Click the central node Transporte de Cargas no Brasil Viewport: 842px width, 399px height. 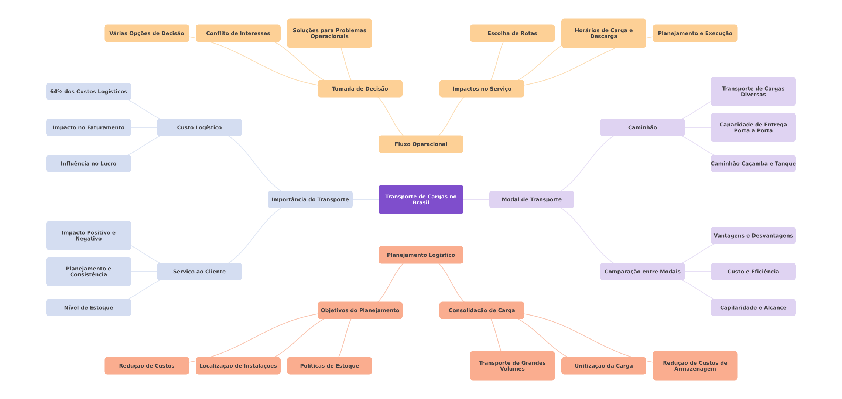(421, 199)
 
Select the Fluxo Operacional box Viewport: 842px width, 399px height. (421, 144)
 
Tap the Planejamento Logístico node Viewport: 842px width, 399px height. (421, 255)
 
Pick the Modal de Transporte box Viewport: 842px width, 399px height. (532, 199)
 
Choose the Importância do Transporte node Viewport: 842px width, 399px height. (310, 199)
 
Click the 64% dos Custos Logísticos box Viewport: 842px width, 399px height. (89, 92)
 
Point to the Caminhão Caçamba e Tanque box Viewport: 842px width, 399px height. (753, 164)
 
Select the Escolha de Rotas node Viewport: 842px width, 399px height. (512, 33)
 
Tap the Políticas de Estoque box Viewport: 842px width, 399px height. (329, 366)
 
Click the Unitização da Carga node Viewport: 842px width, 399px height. (604, 366)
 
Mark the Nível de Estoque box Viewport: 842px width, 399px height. (89, 308)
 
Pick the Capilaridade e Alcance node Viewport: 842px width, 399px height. (753, 308)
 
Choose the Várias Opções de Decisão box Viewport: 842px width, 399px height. (147, 33)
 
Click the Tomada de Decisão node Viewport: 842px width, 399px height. (360, 89)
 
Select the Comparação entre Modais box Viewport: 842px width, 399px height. (643, 272)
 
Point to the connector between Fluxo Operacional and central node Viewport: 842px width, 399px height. (421, 169)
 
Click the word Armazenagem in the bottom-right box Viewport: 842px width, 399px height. (695, 369)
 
